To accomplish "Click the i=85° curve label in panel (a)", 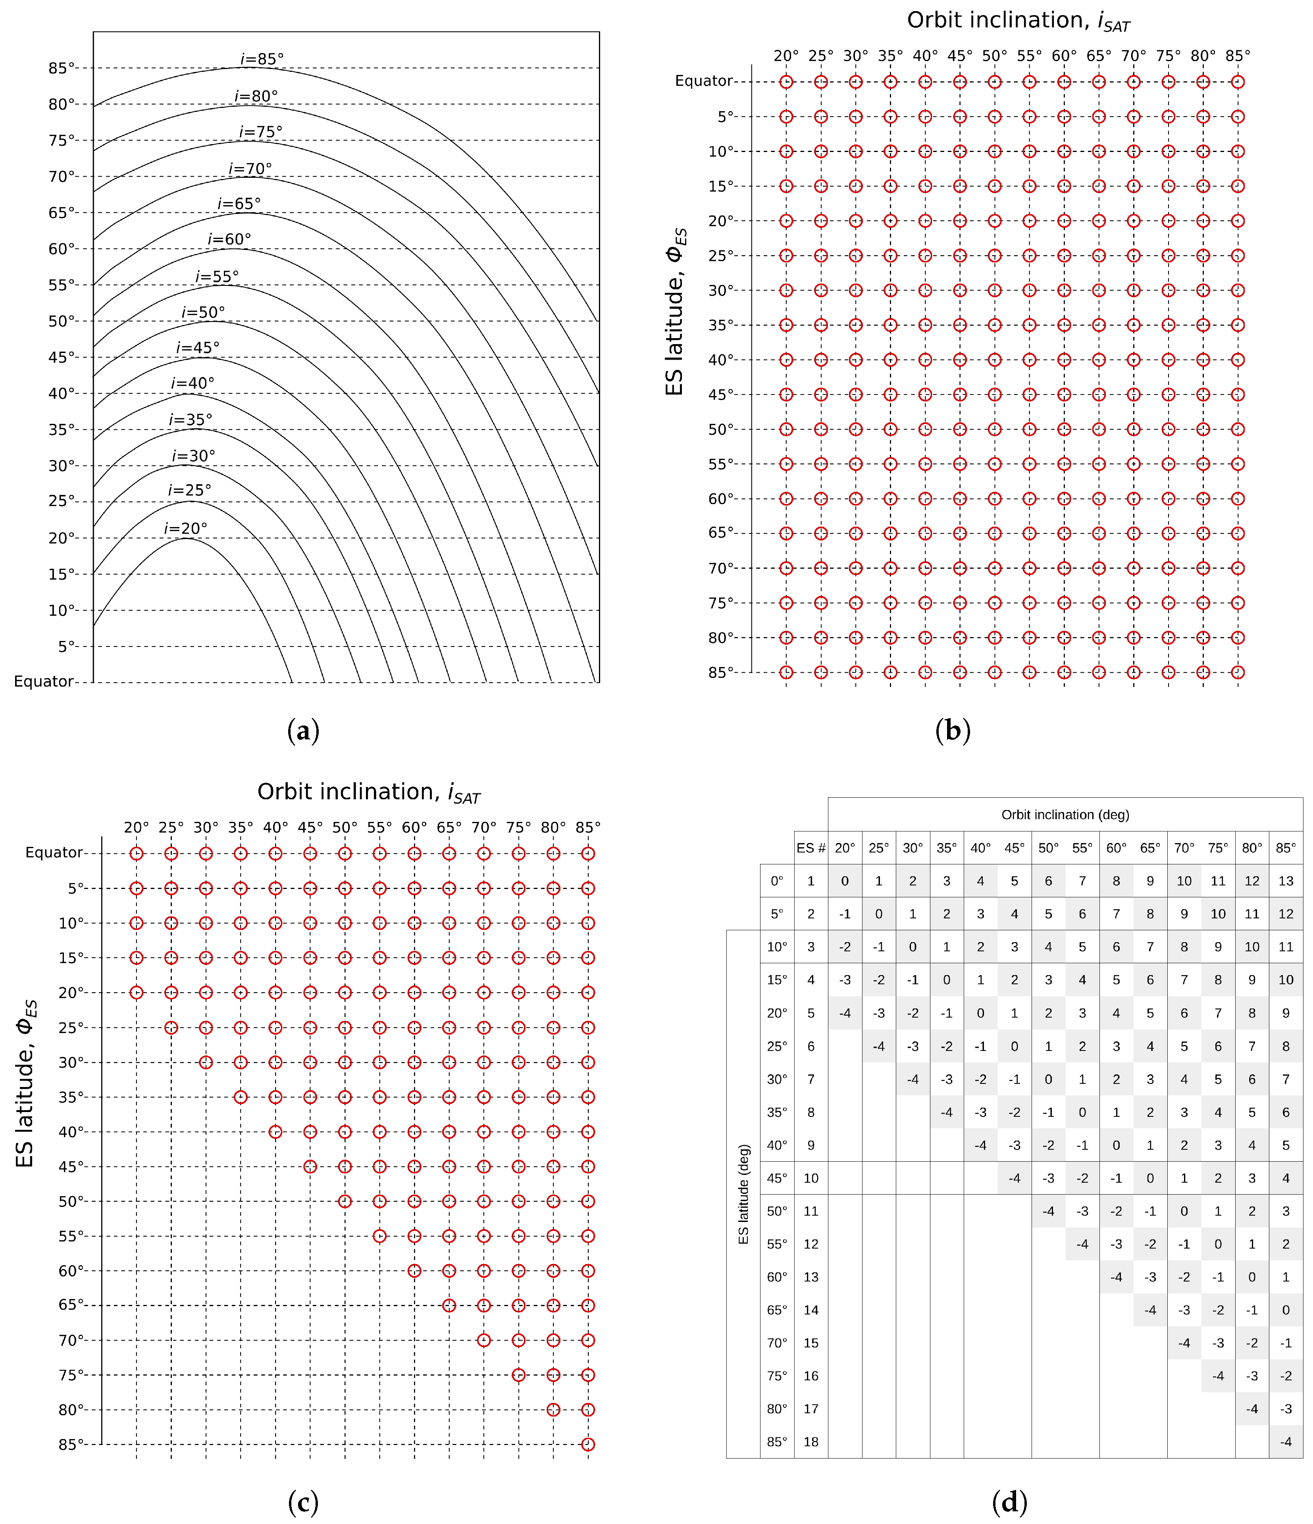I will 262,59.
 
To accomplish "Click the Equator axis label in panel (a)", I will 43,682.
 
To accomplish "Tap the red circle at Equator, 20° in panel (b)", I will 786,82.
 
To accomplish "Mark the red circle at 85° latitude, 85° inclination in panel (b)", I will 1238,672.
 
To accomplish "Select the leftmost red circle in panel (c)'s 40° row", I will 275,1132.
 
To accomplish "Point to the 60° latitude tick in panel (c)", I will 71,1271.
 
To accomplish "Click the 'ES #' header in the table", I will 811,848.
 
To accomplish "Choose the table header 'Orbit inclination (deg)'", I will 1065,815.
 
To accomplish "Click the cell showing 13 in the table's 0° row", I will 1286,881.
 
